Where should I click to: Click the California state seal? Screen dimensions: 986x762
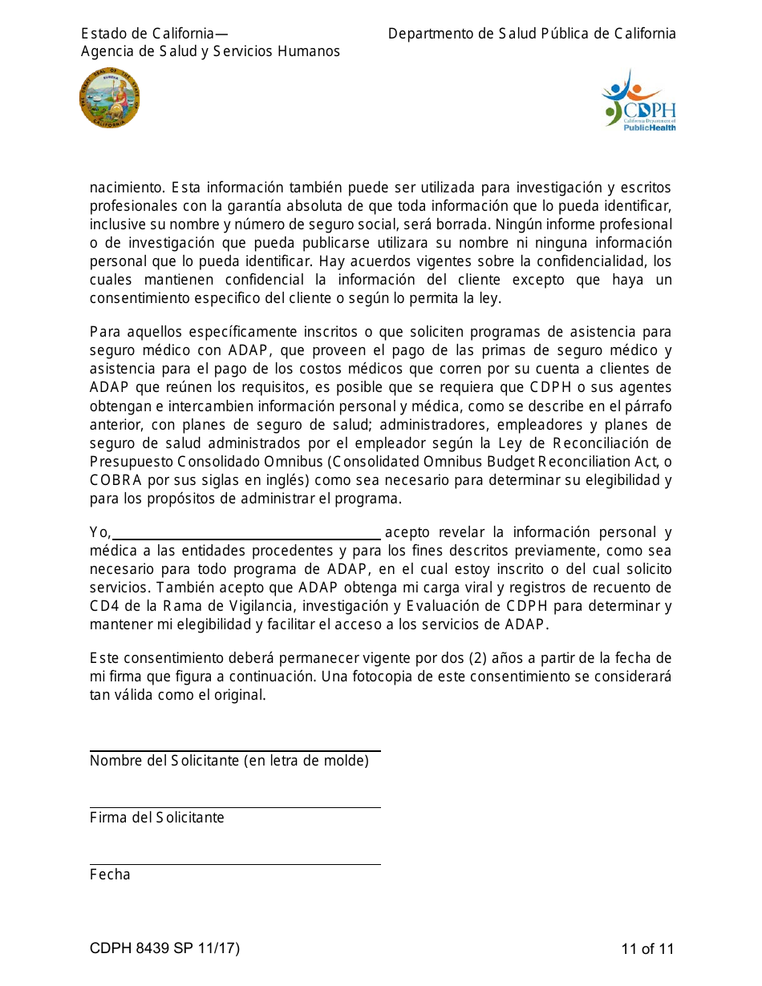(110, 99)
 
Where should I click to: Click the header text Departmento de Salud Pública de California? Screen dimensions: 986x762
(532, 34)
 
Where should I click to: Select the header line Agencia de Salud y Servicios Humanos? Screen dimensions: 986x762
(210, 51)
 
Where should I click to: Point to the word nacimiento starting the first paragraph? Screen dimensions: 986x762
(127, 188)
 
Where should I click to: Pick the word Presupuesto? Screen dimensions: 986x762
(131, 462)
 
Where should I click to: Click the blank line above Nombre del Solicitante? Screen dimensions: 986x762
(235, 750)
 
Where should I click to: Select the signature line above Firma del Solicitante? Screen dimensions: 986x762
(235, 806)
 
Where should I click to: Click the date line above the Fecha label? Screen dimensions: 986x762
(235, 863)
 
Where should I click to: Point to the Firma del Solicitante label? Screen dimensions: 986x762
(157, 818)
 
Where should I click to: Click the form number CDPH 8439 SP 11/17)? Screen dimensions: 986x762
(164, 949)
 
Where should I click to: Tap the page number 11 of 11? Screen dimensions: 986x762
(647, 949)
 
